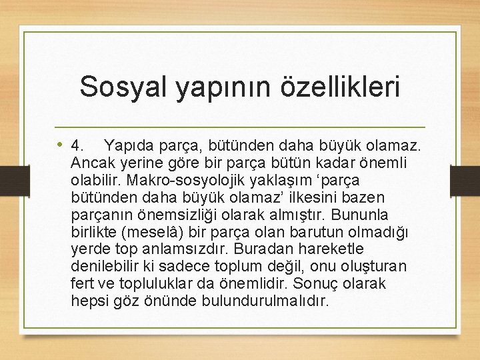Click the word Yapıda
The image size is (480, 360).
[x=130, y=145]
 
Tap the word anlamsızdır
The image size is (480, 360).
[x=188, y=249]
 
